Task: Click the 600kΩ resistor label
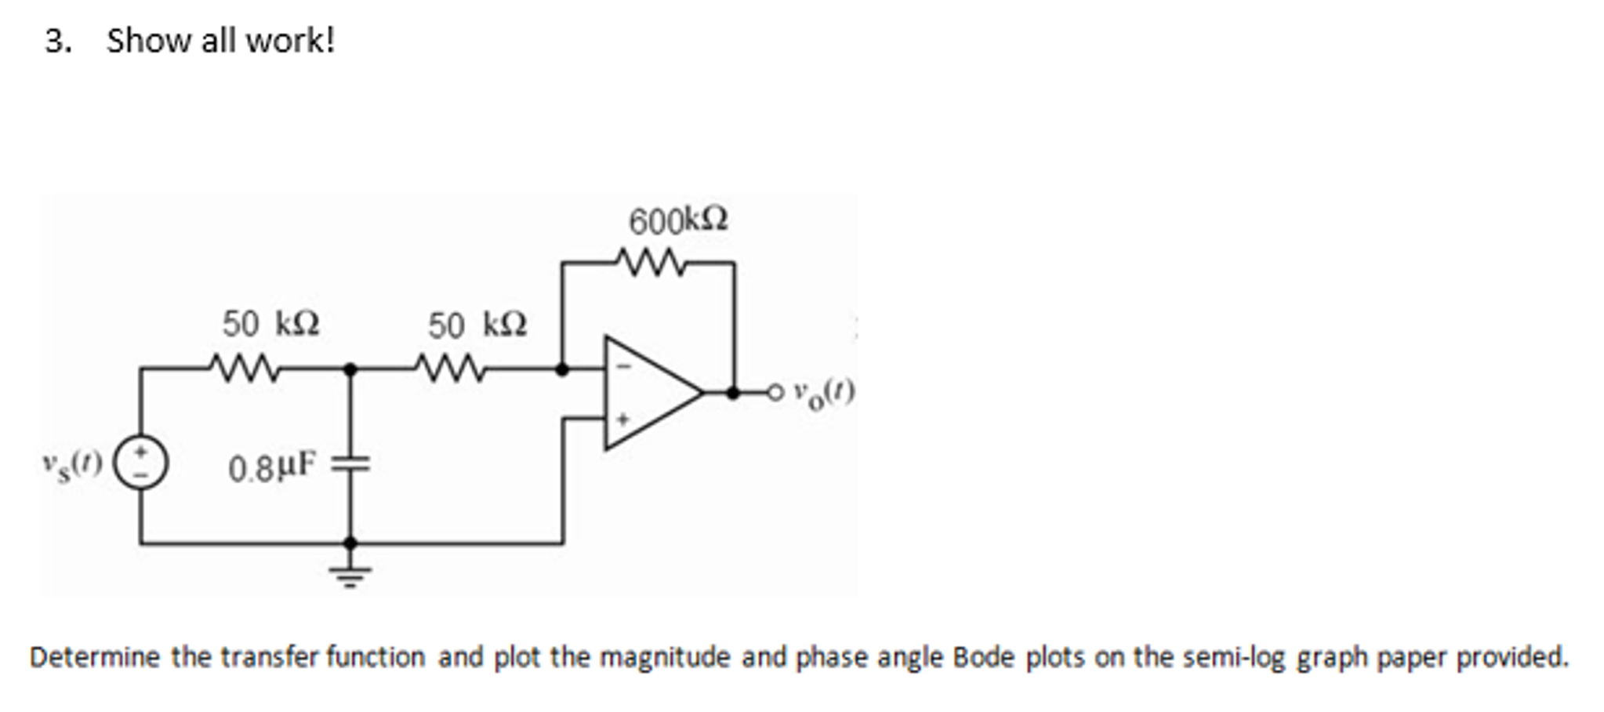pos(678,221)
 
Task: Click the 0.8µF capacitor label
pos(272,468)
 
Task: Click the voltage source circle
pos(141,463)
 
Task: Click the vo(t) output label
pos(822,391)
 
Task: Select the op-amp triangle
pos(647,393)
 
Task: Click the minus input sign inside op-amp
pos(625,366)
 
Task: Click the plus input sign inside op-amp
pos(624,420)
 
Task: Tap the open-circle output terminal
pos(775,392)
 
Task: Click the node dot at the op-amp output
pos(733,392)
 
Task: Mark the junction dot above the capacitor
pos(350,368)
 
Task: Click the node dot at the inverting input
pos(562,368)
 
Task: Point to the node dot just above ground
pos(350,543)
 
